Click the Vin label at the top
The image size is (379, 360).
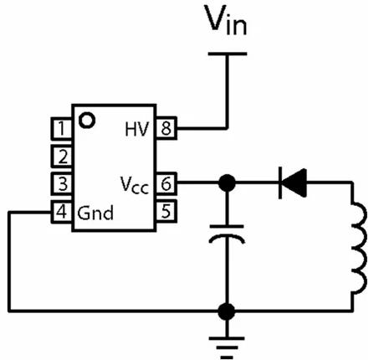[226, 20]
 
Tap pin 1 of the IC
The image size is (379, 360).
[61, 128]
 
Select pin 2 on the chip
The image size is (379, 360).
[61, 156]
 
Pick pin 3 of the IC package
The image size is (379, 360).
[61, 183]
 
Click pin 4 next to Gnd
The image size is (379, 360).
[61, 212]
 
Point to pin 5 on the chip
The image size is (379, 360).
[166, 211]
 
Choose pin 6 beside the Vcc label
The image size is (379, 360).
[166, 183]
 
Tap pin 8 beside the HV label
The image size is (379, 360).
[166, 128]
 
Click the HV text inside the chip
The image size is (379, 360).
[137, 129]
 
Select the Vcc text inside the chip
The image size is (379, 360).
[135, 185]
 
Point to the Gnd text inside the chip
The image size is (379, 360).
[95, 213]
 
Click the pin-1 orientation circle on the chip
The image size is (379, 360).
[87, 121]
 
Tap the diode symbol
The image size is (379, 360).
[293, 183]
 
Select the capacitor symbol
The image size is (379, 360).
[227, 234]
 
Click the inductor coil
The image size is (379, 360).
[359, 249]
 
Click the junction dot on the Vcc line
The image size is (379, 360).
[227, 183]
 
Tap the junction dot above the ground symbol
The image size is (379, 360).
[227, 311]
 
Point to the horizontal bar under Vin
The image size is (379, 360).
[228, 54]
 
